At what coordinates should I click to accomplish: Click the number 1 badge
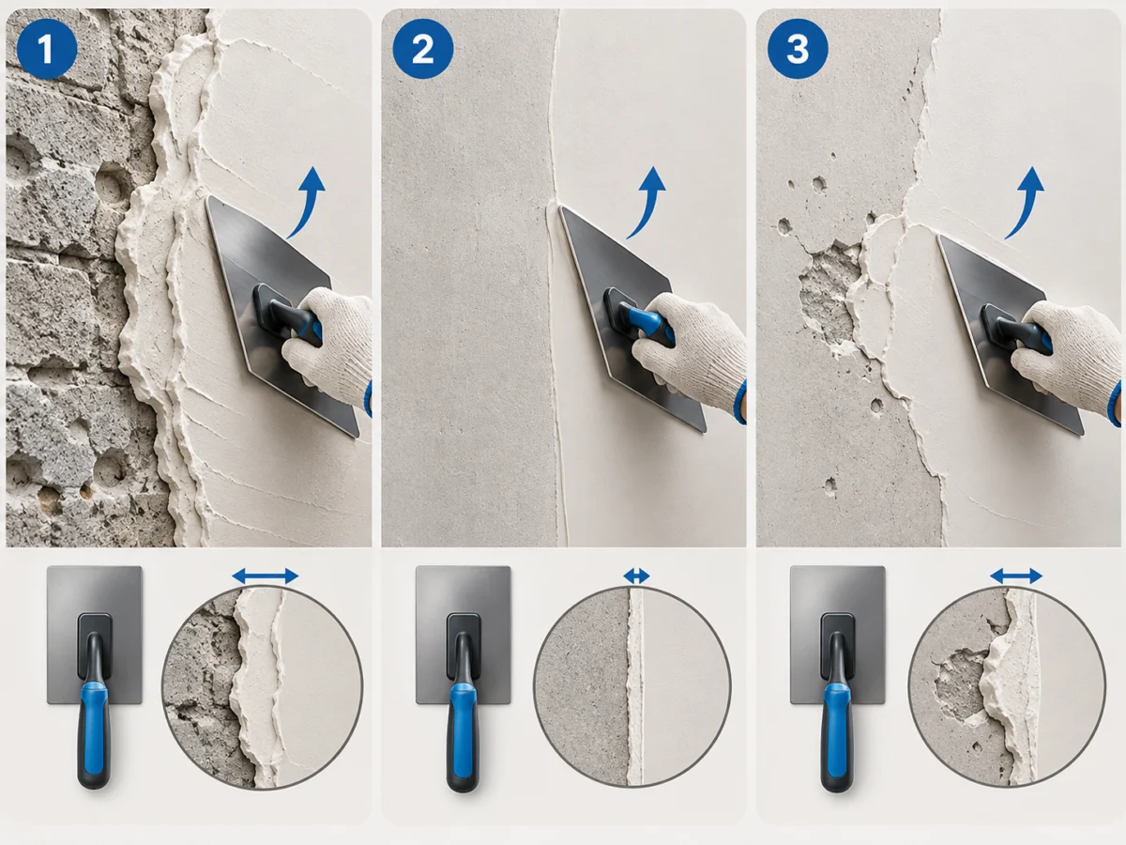[x=47, y=49]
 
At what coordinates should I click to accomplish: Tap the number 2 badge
[x=422, y=49]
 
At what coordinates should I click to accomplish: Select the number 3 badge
[x=798, y=49]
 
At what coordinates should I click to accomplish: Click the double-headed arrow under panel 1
[x=266, y=576]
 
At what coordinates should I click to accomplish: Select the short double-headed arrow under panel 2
[x=636, y=576]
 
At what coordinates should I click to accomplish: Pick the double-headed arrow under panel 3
[x=1016, y=576]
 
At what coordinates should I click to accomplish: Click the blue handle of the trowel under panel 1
[x=94, y=729]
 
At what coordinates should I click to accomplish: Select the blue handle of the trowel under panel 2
[x=464, y=729]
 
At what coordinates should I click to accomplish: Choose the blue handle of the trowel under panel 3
[x=837, y=729]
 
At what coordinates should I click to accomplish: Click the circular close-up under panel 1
[x=262, y=686]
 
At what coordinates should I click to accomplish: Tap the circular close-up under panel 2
[x=632, y=686]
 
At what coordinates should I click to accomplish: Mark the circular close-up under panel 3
[x=1007, y=686]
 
